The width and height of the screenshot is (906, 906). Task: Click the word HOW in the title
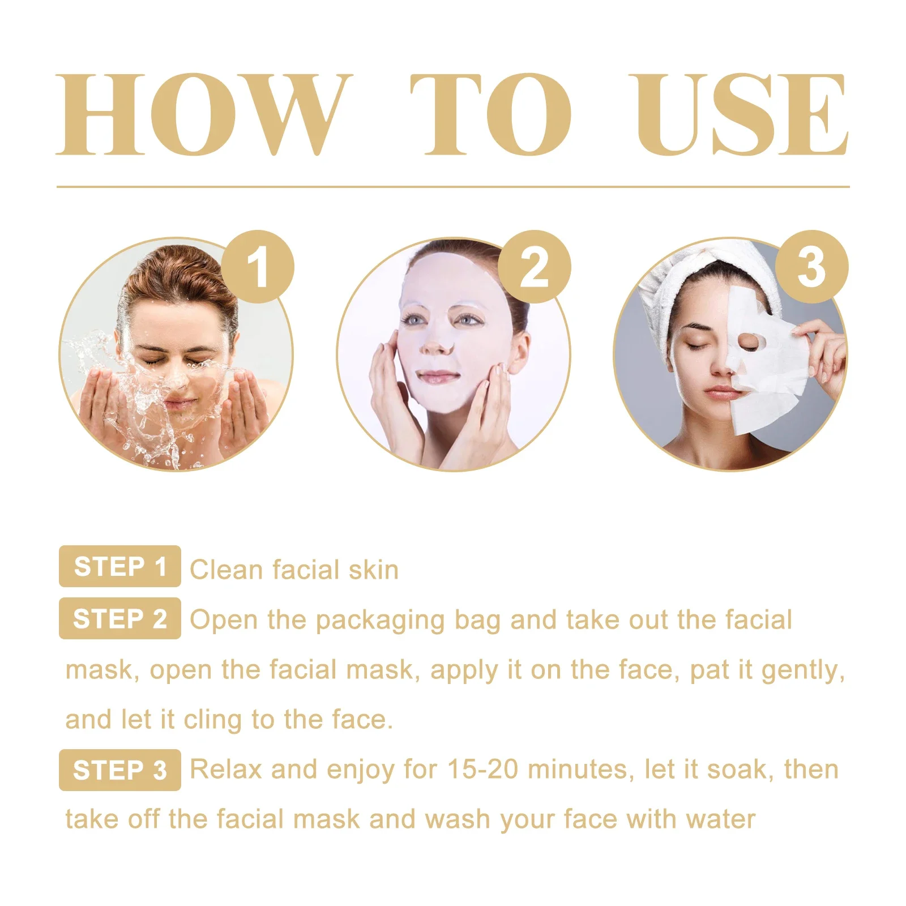click(204, 114)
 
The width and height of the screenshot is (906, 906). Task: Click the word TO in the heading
click(490, 114)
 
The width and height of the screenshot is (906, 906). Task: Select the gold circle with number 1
click(258, 267)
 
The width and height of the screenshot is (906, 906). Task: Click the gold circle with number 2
click(534, 267)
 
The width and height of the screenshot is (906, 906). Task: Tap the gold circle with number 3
click(811, 267)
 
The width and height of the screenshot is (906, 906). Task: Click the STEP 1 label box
click(120, 566)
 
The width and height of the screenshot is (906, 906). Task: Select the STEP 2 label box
click(120, 618)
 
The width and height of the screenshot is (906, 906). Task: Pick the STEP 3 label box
click(120, 770)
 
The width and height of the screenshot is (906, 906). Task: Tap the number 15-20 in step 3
click(482, 770)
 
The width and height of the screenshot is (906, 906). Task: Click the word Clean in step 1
click(226, 570)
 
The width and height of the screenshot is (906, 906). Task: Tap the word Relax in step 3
click(225, 770)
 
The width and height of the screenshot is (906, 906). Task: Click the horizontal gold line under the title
click(453, 186)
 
